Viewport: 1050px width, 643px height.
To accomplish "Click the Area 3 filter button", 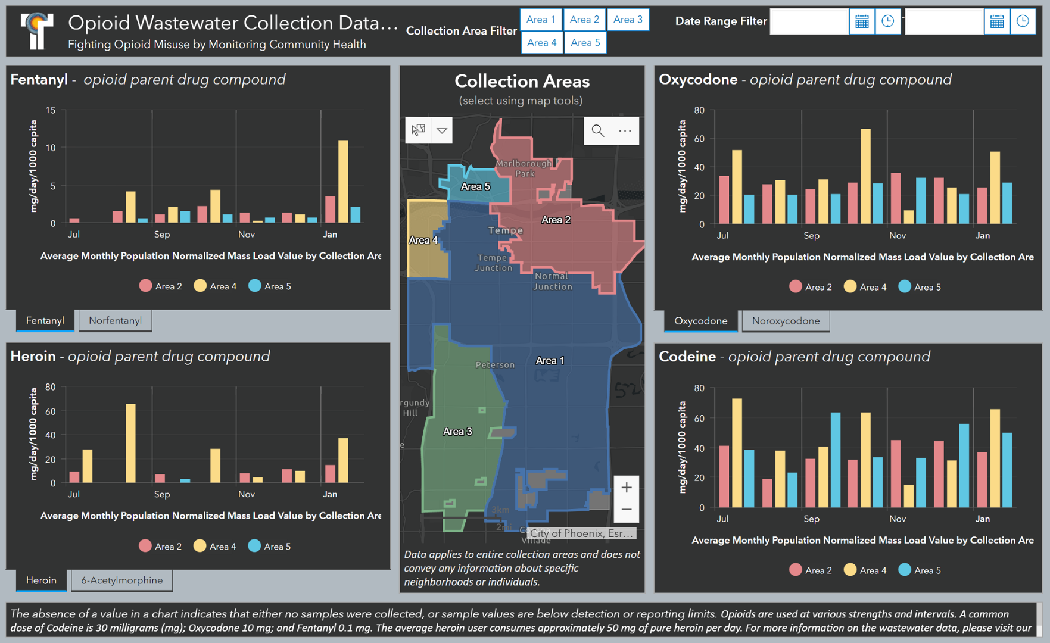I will click(x=628, y=20).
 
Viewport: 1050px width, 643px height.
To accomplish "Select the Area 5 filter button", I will click(x=585, y=43).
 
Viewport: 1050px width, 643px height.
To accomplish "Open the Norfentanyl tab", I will click(x=115, y=321).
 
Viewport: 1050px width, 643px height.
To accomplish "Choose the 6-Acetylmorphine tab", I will click(x=121, y=580).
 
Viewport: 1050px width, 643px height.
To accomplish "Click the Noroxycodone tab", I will click(x=785, y=321).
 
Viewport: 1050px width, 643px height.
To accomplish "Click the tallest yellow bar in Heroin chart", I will click(x=130, y=443).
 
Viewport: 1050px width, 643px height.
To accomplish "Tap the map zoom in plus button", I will click(x=626, y=488).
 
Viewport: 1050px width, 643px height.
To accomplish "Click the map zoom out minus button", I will click(x=626, y=510).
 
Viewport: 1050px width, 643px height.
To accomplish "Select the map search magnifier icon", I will click(x=597, y=131).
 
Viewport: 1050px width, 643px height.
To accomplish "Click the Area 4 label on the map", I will click(x=423, y=240).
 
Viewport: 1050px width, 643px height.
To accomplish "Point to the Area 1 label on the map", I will click(x=549, y=361).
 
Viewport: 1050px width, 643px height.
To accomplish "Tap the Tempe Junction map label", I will click(x=493, y=263).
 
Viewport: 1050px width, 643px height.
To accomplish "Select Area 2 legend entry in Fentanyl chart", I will click(x=161, y=286).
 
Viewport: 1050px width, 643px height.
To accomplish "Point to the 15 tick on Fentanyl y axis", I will click(x=51, y=110).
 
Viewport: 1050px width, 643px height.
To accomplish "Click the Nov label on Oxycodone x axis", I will click(x=897, y=236).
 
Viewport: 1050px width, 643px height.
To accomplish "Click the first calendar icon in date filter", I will click(x=861, y=21).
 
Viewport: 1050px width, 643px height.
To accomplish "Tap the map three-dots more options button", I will click(x=625, y=131).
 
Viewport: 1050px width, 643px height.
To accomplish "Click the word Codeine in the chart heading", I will click(x=687, y=357).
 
